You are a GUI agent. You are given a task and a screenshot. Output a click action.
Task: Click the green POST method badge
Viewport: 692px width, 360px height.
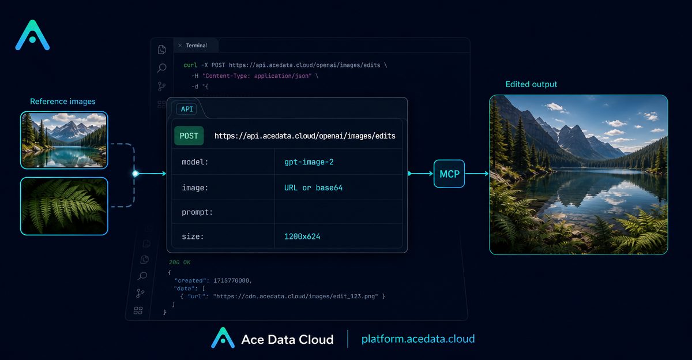[189, 136]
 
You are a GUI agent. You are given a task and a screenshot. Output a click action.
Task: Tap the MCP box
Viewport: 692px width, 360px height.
[449, 174]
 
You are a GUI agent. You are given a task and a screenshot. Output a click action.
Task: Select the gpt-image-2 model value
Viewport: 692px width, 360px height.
[309, 162]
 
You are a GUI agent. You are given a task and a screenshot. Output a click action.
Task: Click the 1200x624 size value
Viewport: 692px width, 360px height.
[302, 237]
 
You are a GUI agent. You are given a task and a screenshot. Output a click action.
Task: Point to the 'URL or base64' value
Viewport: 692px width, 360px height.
[313, 187]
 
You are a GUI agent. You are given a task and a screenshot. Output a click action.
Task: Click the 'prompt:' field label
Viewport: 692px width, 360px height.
[197, 212]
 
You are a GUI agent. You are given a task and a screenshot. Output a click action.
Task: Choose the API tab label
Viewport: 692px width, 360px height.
[187, 109]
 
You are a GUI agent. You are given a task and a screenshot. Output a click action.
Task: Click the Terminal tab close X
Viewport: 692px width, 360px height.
[180, 46]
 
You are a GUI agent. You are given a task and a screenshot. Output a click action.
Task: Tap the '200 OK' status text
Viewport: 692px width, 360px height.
[179, 262]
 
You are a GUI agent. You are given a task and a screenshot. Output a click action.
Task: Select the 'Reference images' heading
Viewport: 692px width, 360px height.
[63, 102]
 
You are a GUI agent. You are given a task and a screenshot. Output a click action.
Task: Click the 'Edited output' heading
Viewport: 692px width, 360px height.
[531, 84]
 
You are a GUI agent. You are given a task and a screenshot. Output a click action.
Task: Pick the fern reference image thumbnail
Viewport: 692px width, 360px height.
[64, 206]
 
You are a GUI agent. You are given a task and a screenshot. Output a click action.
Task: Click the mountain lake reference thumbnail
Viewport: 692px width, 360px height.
[64, 140]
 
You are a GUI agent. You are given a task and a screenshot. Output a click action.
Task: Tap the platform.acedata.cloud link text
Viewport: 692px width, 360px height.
[418, 339]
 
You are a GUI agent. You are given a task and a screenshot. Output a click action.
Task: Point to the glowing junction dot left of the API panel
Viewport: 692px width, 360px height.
[136, 174]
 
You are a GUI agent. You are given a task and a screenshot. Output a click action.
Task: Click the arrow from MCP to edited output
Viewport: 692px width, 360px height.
[477, 174]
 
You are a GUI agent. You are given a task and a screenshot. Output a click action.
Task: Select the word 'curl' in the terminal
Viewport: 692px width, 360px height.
[190, 65]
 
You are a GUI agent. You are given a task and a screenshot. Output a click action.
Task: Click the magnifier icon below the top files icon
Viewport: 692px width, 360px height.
[161, 67]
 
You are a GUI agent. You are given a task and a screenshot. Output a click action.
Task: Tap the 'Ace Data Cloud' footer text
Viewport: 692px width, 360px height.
[287, 339]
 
